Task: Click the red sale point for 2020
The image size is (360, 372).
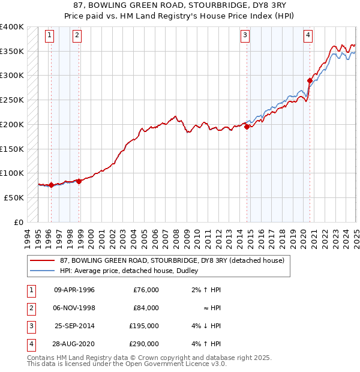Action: pyautogui.click(x=310, y=80)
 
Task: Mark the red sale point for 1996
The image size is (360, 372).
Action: pyautogui.click(x=51, y=185)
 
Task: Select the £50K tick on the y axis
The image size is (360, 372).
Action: pyautogui.click(x=14, y=197)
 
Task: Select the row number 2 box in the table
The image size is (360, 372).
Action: pyautogui.click(x=30, y=307)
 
